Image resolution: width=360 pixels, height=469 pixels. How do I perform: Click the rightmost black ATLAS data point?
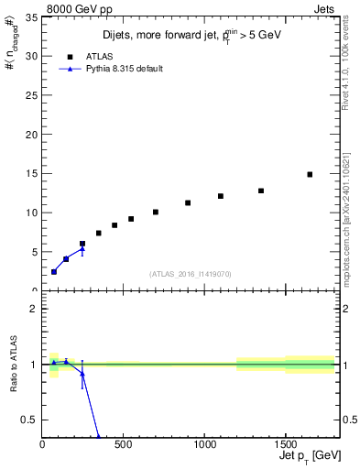pyautogui.click(x=310, y=174)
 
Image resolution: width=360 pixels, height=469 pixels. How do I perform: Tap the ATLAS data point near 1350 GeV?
pyautogui.click(x=261, y=191)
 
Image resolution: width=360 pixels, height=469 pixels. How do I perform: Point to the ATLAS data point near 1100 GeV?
pyautogui.click(x=221, y=196)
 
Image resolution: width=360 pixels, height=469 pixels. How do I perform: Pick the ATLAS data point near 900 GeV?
pyautogui.click(x=188, y=202)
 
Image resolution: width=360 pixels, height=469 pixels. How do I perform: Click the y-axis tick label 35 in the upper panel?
pyautogui.click(x=30, y=16)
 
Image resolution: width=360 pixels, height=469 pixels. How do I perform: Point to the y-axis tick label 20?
pyautogui.click(x=30, y=134)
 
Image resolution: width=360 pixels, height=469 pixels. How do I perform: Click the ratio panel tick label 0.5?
pyautogui.click(x=28, y=420)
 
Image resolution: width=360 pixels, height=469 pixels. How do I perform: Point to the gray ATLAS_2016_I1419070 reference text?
pyautogui.click(x=191, y=273)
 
